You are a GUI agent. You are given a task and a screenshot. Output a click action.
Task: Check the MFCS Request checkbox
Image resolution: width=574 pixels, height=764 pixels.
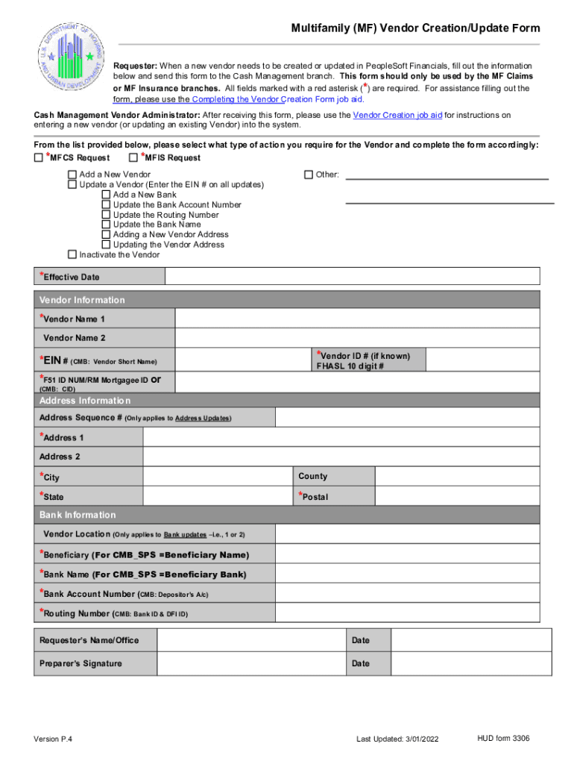pos(39,158)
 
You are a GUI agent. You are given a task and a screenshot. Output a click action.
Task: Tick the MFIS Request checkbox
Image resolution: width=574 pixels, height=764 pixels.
pos(133,158)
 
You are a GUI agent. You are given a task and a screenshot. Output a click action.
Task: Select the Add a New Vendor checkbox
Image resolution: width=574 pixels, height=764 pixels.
pos(72,175)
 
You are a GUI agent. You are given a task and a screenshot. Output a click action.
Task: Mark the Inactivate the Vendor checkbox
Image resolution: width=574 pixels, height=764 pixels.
pos(72,254)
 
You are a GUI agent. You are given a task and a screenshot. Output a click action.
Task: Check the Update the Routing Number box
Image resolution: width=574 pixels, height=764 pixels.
pos(106,215)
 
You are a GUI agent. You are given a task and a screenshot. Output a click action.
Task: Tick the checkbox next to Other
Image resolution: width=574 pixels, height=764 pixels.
pos(309,175)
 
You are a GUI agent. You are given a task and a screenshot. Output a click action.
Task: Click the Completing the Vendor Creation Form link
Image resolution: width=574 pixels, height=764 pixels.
pos(276,99)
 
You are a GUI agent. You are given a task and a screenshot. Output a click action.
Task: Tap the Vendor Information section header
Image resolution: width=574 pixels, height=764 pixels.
pos(82,300)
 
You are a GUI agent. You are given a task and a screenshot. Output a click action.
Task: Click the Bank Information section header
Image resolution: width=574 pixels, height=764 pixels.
pos(78,515)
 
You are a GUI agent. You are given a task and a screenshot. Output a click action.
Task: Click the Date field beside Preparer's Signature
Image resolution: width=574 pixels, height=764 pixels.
pos(471,663)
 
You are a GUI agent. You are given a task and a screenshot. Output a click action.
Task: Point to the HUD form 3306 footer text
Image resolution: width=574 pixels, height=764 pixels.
pos(504,738)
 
